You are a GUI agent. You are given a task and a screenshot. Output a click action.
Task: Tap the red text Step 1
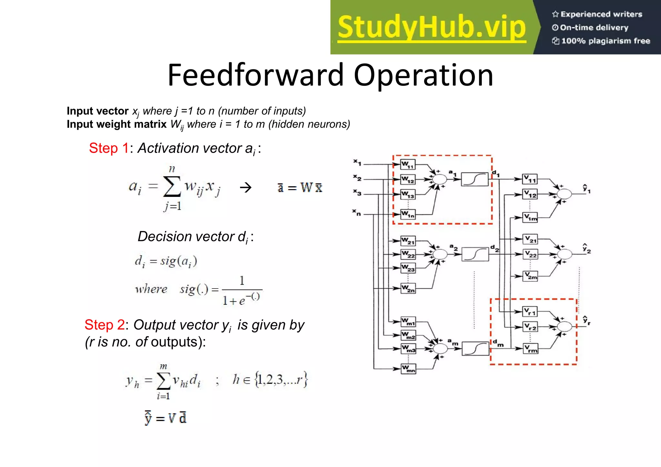click(x=109, y=148)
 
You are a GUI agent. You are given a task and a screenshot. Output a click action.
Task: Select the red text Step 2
click(x=105, y=325)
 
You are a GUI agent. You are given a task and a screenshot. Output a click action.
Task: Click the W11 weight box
click(x=408, y=165)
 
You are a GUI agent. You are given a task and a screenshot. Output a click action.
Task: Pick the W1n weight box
click(x=408, y=214)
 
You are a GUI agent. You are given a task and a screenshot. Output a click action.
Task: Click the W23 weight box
click(x=408, y=268)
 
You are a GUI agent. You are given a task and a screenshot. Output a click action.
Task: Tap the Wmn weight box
click(x=408, y=369)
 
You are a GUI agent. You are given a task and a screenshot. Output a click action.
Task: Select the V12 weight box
click(x=530, y=194)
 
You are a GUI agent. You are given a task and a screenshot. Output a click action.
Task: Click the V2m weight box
click(x=530, y=276)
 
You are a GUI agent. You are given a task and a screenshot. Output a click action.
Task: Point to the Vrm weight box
click(x=530, y=349)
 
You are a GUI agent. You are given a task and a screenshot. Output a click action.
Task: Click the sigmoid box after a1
click(x=474, y=179)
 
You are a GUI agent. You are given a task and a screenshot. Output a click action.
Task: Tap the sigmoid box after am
click(x=475, y=349)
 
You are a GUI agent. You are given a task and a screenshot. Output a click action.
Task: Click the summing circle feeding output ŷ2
click(x=564, y=254)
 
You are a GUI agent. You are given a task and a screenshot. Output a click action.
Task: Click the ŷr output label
click(x=586, y=320)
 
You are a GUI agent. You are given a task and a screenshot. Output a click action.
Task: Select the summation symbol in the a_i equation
click(x=172, y=187)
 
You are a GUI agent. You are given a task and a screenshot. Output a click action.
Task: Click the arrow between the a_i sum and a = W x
click(x=246, y=187)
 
